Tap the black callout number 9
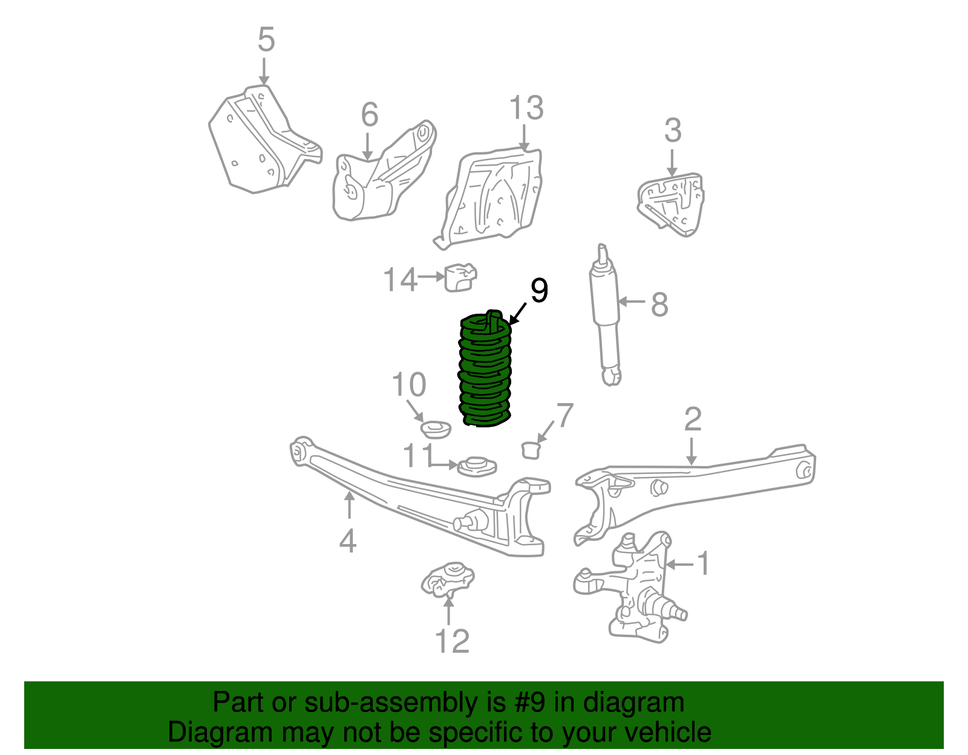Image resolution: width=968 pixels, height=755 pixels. tap(538, 291)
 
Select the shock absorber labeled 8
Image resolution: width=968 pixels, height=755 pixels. tap(605, 314)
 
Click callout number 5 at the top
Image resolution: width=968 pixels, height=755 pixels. tap(266, 40)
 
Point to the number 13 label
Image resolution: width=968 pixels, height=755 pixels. tap(526, 108)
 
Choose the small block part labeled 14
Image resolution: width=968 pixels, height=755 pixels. tap(460, 277)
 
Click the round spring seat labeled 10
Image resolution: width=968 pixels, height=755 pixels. tap(436, 429)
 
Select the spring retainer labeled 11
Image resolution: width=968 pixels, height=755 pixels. tap(477, 466)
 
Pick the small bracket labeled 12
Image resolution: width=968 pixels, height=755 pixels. tap(448, 578)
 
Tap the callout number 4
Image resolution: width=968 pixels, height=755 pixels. tap(348, 540)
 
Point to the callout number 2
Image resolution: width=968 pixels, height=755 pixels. tap(692, 419)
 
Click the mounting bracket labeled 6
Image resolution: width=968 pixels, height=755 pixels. tap(381, 175)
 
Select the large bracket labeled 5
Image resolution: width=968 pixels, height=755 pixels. tap(260, 142)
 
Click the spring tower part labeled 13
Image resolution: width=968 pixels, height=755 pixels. tap(493, 196)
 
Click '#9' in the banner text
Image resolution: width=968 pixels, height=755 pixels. tap(530, 703)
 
